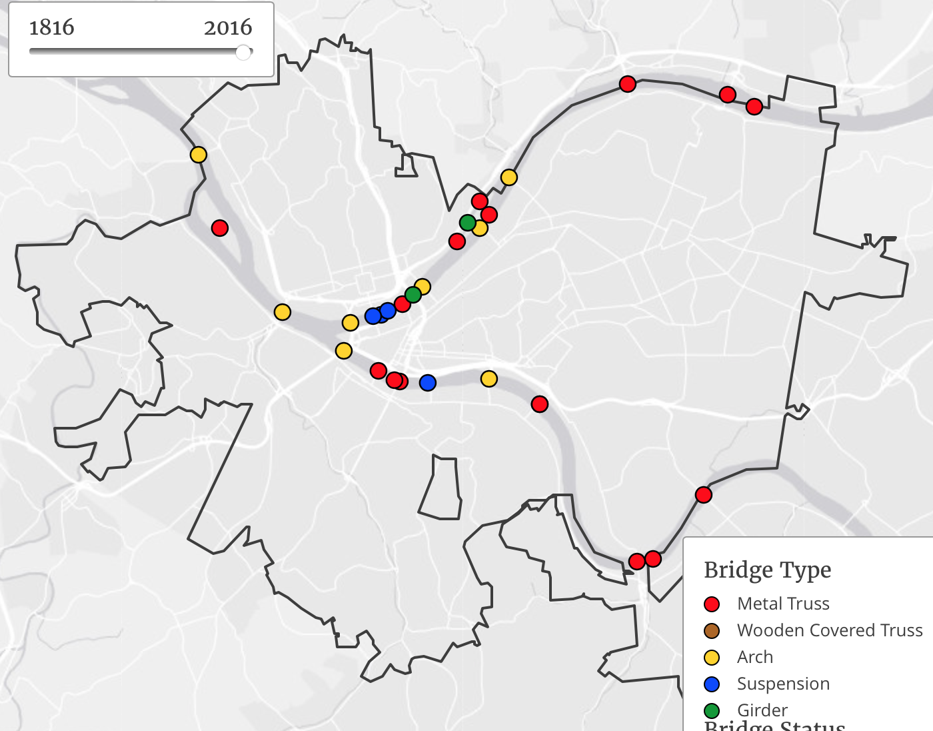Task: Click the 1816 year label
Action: [51, 27]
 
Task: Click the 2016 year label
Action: [228, 27]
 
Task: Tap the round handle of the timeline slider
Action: [243, 52]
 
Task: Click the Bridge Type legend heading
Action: [767, 570]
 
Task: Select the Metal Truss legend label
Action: [783, 604]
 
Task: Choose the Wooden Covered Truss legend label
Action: [830, 630]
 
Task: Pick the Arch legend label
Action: [755, 657]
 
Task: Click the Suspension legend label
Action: [783, 684]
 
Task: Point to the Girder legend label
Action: [762, 710]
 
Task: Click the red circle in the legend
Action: [712, 604]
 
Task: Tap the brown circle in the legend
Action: [712, 631]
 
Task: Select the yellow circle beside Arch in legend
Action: [712, 658]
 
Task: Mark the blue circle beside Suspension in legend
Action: [712, 684]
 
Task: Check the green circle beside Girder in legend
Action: [712, 710]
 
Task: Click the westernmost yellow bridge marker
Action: [199, 155]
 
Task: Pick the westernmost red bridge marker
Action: [220, 228]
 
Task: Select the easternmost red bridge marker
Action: [754, 107]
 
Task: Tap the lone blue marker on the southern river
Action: [428, 383]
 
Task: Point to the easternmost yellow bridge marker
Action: [509, 177]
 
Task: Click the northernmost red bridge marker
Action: [628, 84]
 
